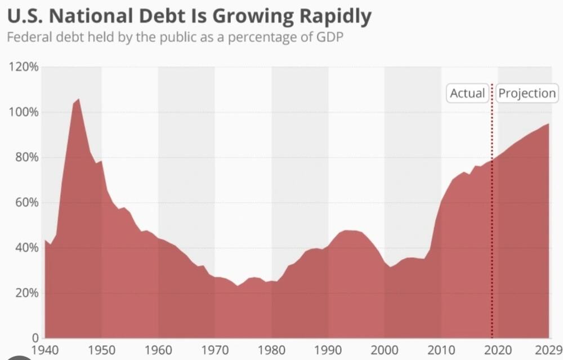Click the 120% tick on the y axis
click(23, 67)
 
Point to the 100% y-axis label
click(23, 112)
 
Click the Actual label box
click(467, 93)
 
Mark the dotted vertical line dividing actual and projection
click(492, 214)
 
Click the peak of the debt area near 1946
click(78, 100)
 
